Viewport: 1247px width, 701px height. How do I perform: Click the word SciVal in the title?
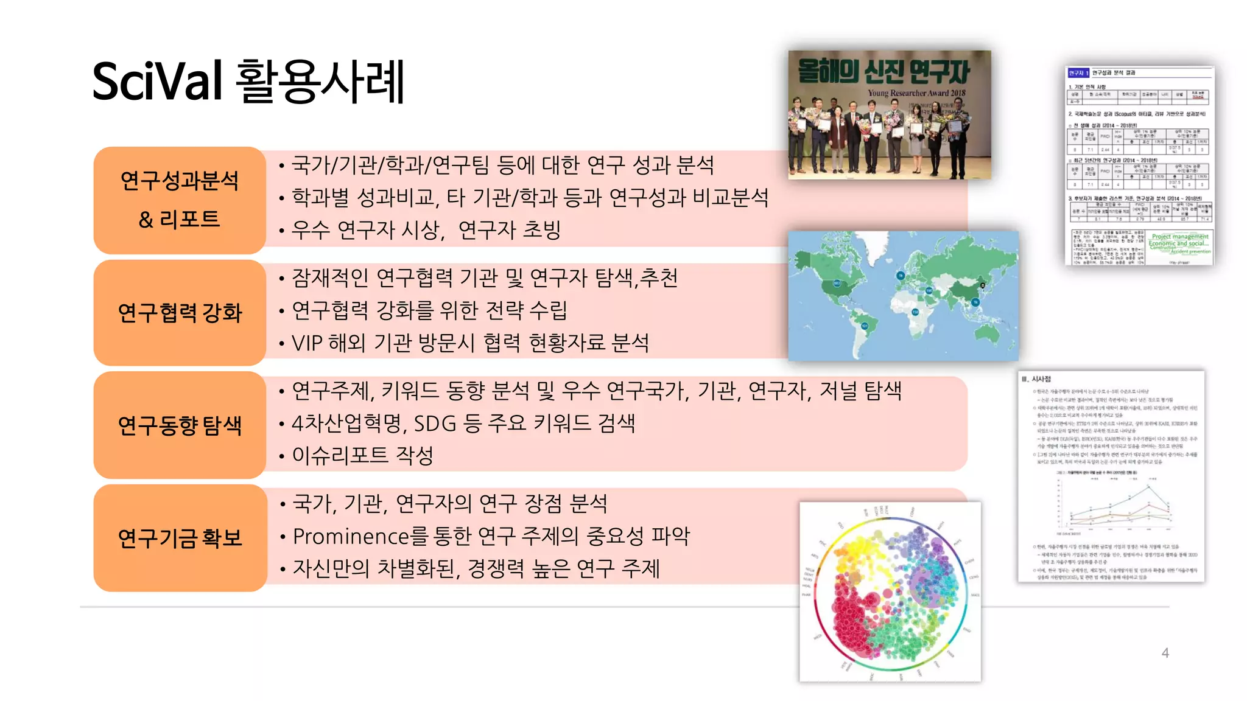[x=157, y=82]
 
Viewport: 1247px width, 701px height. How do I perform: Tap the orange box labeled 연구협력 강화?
[x=180, y=313]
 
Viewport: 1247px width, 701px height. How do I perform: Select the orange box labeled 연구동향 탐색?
[x=180, y=425]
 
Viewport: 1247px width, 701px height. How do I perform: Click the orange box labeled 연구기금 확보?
[x=180, y=538]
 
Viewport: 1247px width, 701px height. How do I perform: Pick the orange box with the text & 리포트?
[x=180, y=218]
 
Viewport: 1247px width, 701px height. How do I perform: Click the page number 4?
[x=1165, y=653]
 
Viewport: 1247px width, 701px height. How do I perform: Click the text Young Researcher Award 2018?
[x=916, y=93]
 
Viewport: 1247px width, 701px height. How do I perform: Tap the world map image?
[x=903, y=296]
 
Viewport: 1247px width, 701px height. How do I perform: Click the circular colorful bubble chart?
[x=890, y=591]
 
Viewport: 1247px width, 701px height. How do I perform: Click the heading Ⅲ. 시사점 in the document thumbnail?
[x=1036, y=379]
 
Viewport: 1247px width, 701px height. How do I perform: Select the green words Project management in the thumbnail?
[x=1179, y=237]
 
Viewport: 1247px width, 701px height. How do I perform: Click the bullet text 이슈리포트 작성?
[x=363, y=455]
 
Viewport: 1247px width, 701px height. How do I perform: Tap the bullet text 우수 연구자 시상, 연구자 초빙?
[x=426, y=230]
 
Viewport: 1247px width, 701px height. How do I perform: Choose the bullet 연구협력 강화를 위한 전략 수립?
[x=429, y=310]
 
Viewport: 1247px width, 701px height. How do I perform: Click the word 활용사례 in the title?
[x=320, y=82]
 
